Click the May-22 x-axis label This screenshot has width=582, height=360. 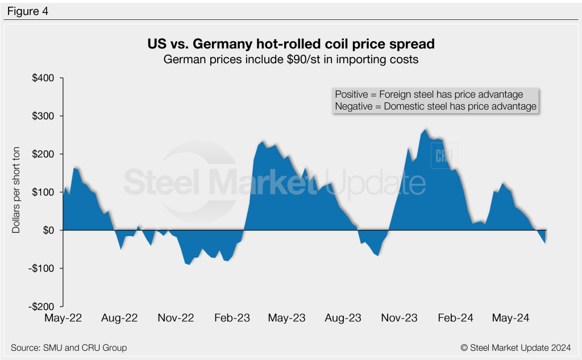point(63,318)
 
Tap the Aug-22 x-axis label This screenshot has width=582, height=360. point(119,318)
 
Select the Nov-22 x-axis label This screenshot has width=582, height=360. point(176,318)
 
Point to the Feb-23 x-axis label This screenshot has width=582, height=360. point(231,318)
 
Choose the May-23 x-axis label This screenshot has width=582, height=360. point(287,318)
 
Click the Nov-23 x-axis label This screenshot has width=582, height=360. point(399,318)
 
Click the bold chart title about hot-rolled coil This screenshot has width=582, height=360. point(290,44)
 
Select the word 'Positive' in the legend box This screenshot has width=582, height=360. point(351,94)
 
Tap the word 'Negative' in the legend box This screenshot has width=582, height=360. point(354,106)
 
